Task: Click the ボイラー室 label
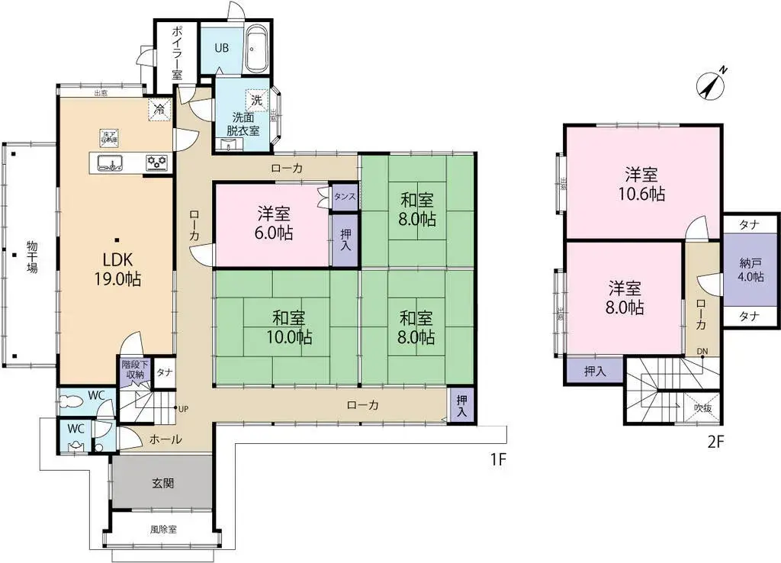point(176,52)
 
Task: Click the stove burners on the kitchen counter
point(157,162)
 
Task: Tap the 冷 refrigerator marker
point(159,108)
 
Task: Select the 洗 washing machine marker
point(257,100)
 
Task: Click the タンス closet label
point(345,197)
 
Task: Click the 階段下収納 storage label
point(133,370)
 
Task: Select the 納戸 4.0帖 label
point(750,270)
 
